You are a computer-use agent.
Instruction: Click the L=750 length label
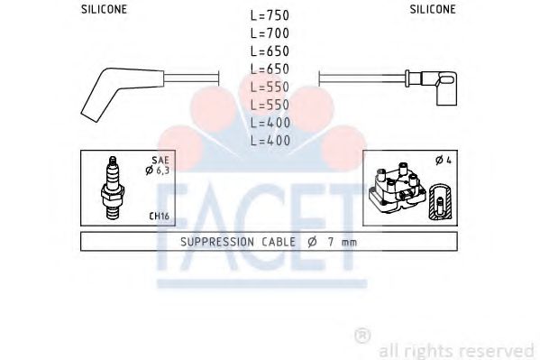[x=270, y=15]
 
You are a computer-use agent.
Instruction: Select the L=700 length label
[x=270, y=33]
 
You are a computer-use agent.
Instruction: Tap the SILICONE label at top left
[x=104, y=9]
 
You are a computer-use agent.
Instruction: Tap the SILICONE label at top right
[x=433, y=9]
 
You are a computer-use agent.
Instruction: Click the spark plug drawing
[x=113, y=188]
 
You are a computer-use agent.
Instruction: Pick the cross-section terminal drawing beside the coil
[x=440, y=202]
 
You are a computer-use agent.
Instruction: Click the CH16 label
[x=159, y=217]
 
